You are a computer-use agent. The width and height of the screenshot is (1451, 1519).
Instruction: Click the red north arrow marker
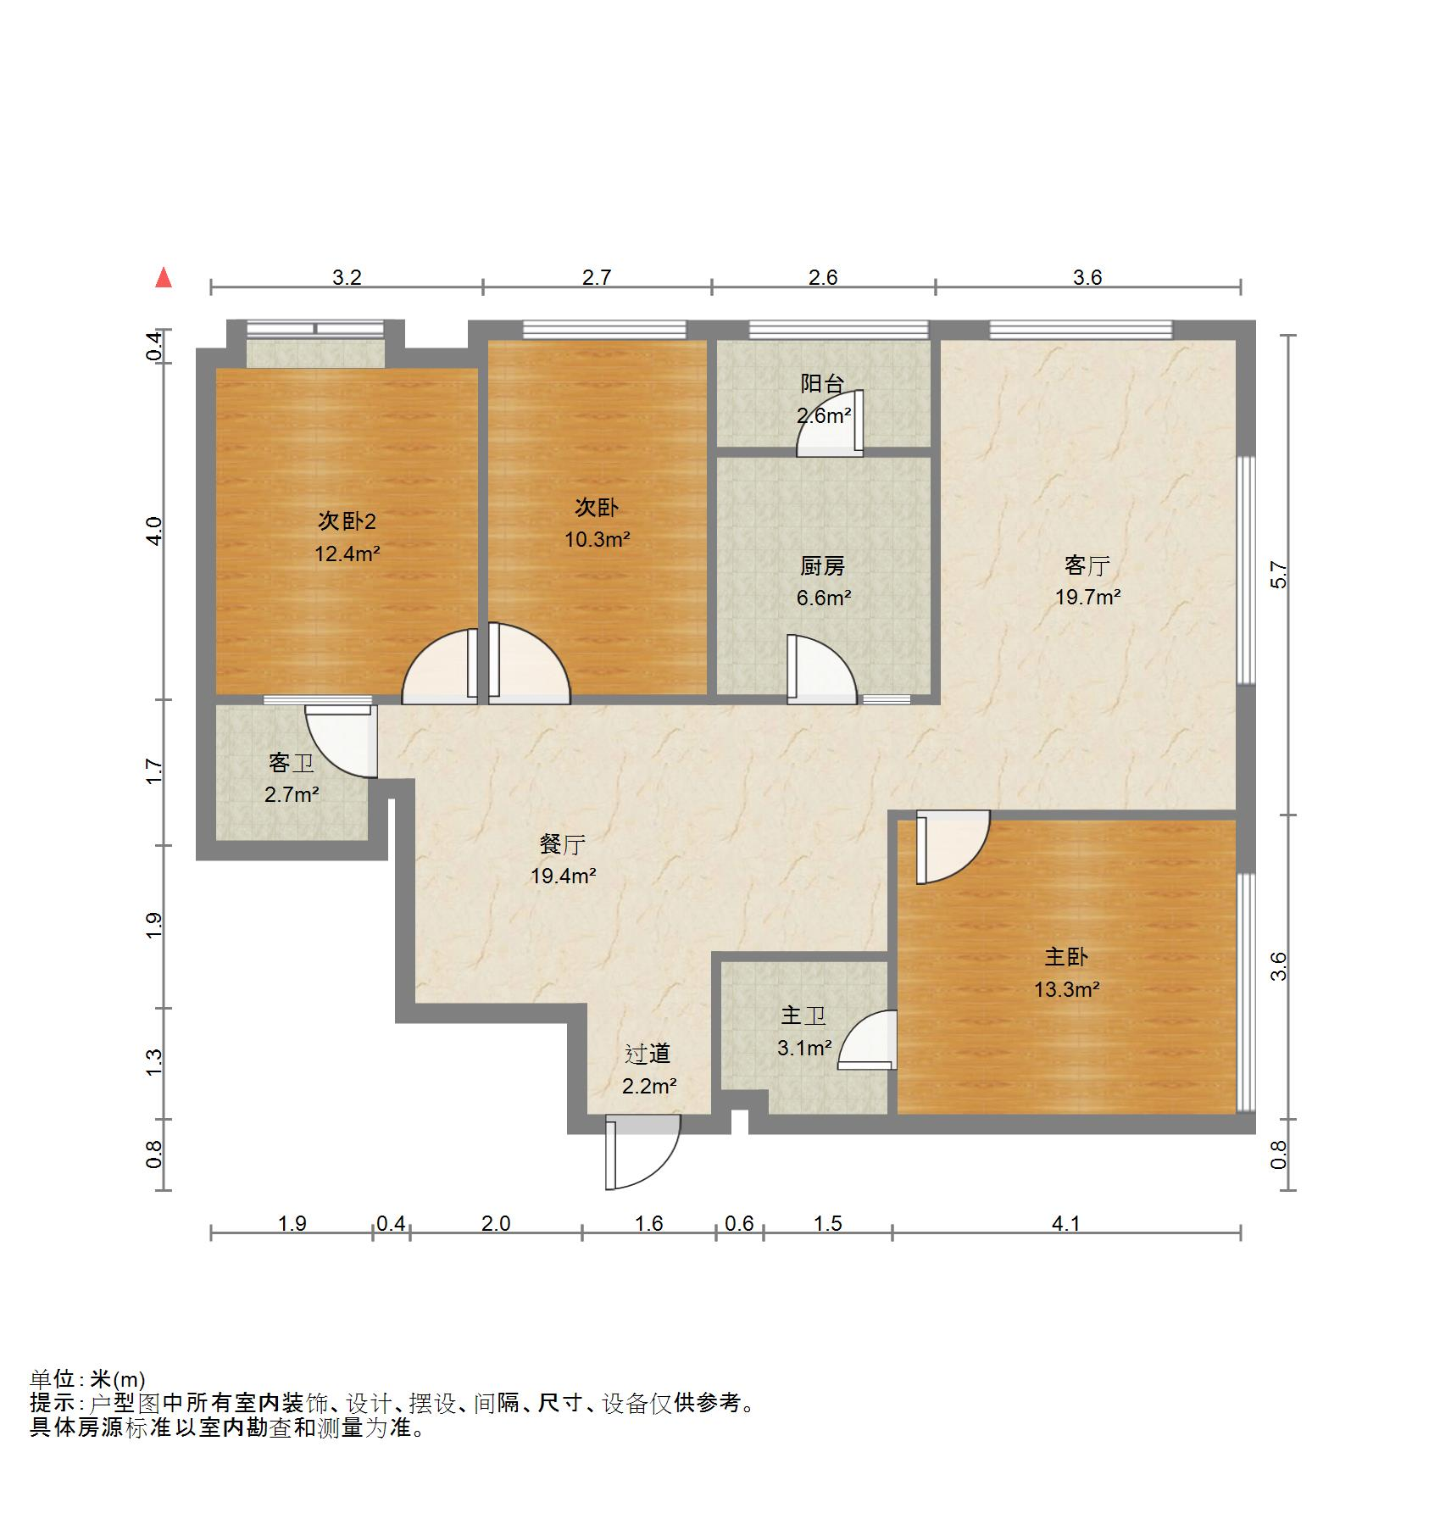point(164,278)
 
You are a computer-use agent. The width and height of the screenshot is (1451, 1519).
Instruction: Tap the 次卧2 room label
point(347,520)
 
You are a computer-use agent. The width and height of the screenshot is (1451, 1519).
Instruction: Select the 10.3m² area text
point(598,539)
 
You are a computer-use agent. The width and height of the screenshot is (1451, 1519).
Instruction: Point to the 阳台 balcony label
point(822,383)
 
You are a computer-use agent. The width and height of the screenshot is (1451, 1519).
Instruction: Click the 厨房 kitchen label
point(822,565)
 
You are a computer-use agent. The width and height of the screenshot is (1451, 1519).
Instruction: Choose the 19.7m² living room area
point(1087,597)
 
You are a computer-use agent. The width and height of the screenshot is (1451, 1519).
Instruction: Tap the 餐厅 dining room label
point(563,844)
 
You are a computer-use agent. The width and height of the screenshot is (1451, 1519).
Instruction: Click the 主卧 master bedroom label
point(1065,957)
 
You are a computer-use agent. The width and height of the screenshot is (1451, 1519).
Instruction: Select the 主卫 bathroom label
point(803,1015)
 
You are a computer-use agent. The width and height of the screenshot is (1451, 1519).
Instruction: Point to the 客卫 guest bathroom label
point(291,763)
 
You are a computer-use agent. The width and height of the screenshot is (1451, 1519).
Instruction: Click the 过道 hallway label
point(648,1054)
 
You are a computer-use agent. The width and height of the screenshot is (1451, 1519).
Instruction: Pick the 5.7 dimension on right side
point(1279,576)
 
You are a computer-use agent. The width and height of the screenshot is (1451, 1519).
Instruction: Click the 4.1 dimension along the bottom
point(1065,1223)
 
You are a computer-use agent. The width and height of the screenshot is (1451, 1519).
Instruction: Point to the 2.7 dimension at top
point(597,278)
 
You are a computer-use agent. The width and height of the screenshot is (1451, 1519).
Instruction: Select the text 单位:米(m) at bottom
point(88,1379)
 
